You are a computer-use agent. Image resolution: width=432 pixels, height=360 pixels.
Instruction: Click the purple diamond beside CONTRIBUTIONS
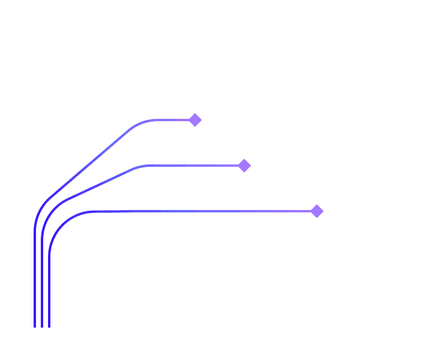pos(196,120)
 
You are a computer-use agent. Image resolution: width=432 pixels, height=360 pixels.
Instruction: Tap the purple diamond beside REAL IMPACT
pos(244,166)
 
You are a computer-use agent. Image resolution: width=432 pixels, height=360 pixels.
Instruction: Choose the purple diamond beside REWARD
pos(317,211)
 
